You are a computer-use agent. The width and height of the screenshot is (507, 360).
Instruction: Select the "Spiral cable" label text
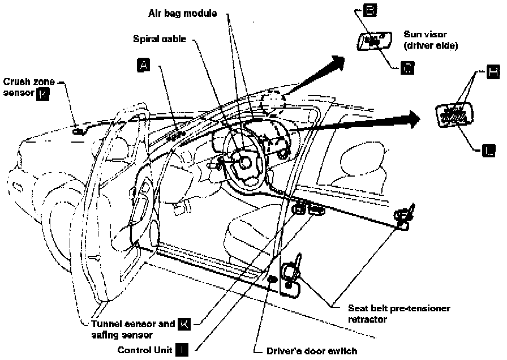[x=160, y=40]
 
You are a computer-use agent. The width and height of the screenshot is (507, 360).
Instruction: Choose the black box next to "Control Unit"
[x=182, y=349]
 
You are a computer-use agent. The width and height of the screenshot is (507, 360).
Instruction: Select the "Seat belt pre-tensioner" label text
[x=399, y=308]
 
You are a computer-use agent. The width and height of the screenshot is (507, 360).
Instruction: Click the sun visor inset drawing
[x=373, y=41]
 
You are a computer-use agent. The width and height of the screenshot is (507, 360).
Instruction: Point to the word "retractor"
[x=367, y=319]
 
